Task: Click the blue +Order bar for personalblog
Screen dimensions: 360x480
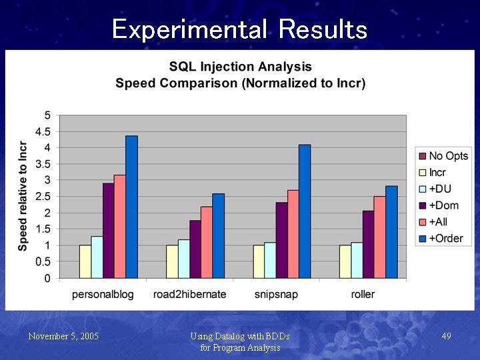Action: point(131,207)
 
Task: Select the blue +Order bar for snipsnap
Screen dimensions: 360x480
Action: point(305,211)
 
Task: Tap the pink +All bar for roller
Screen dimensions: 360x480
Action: point(379,237)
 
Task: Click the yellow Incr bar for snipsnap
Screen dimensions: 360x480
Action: point(259,261)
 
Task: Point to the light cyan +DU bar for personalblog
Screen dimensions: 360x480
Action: point(97,257)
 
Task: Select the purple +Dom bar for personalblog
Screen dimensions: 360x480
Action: point(108,231)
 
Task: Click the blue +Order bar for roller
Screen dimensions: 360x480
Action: point(391,232)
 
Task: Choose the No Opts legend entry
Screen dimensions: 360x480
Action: point(443,156)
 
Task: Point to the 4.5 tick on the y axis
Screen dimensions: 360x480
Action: point(43,131)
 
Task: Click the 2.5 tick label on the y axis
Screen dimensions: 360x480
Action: point(43,197)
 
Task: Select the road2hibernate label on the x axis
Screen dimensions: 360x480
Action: point(189,294)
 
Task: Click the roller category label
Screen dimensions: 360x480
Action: point(363,294)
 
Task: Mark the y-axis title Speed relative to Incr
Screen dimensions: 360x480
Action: point(23,197)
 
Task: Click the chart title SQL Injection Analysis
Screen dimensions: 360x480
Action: point(240,67)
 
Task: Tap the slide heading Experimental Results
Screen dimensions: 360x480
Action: point(240,29)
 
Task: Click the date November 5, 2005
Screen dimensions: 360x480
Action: point(63,337)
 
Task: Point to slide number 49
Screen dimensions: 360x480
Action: point(447,337)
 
